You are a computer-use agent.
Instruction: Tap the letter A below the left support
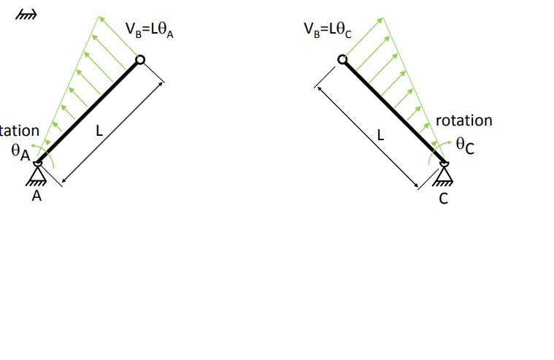[36, 196]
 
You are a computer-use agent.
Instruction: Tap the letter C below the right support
[443, 197]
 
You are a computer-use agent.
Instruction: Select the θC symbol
[465, 146]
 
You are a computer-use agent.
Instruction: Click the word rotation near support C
[463, 120]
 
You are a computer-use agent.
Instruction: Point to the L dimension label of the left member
[99, 132]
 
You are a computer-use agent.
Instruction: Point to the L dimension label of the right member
[380, 135]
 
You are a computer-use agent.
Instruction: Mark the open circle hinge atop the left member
[140, 60]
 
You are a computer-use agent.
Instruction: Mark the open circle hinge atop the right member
[342, 60]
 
